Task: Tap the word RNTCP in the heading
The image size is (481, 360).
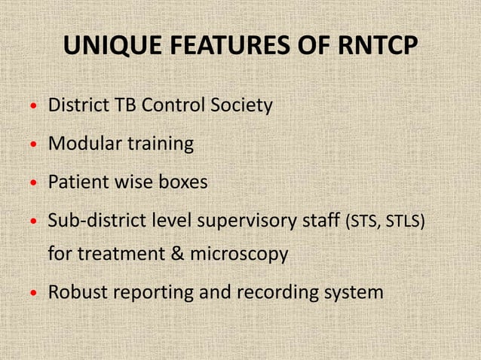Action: click(x=370, y=47)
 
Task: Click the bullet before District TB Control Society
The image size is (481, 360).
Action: click(x=32, y=107)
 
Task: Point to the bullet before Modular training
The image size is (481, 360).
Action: click(x=32, y=145)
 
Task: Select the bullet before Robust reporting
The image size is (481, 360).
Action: click(x=32, y=292)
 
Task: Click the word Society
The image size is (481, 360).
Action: click(x=240, y=105)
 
